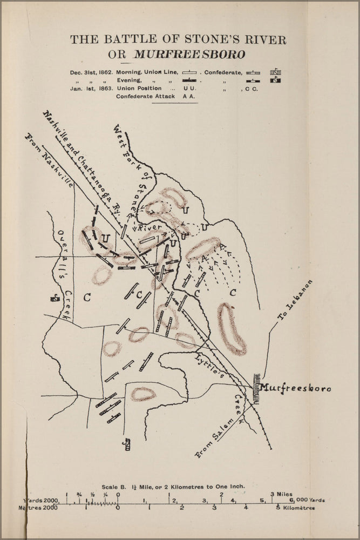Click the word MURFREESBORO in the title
tap(189, 55)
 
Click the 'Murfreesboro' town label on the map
tap(295, 388)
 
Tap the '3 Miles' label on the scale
tap(281, 494)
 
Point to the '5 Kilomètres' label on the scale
tap(295, 508)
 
